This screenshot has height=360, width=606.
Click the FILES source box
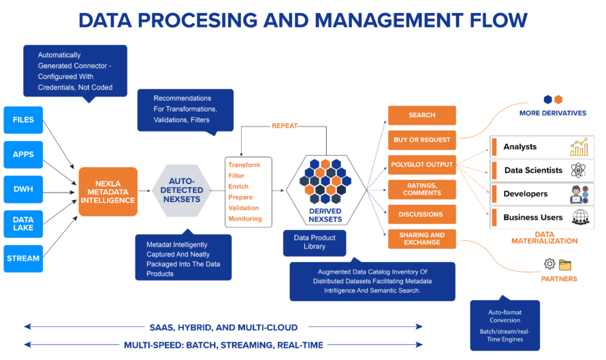(x=23, y=120)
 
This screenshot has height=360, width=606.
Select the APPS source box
(x=23, y=154)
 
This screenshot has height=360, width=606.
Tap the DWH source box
(x=23, y=189)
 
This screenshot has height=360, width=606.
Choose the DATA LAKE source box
(x=23, y=223)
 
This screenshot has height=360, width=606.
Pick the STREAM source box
(x=23, y=259)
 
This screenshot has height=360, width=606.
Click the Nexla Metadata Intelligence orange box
(x=108, y=191)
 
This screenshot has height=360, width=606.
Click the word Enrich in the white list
(x=238, y=186)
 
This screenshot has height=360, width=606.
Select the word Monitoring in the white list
(x=244, y=218)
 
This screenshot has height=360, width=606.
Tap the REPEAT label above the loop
(x=285, y=126)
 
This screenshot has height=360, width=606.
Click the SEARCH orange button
(x=421, y=115)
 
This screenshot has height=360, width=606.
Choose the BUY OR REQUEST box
(x=421, y=140)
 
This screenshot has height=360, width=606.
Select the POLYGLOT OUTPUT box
(x=421, y=165)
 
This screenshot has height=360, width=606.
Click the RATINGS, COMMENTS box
(x=421, y=189)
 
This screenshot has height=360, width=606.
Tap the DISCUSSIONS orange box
(x=421, y=214)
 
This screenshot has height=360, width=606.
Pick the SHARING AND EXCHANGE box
(x=421, y=239)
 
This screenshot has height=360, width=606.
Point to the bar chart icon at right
(x=579, y=147)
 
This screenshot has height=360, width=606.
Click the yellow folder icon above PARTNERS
(x=565, y=265)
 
